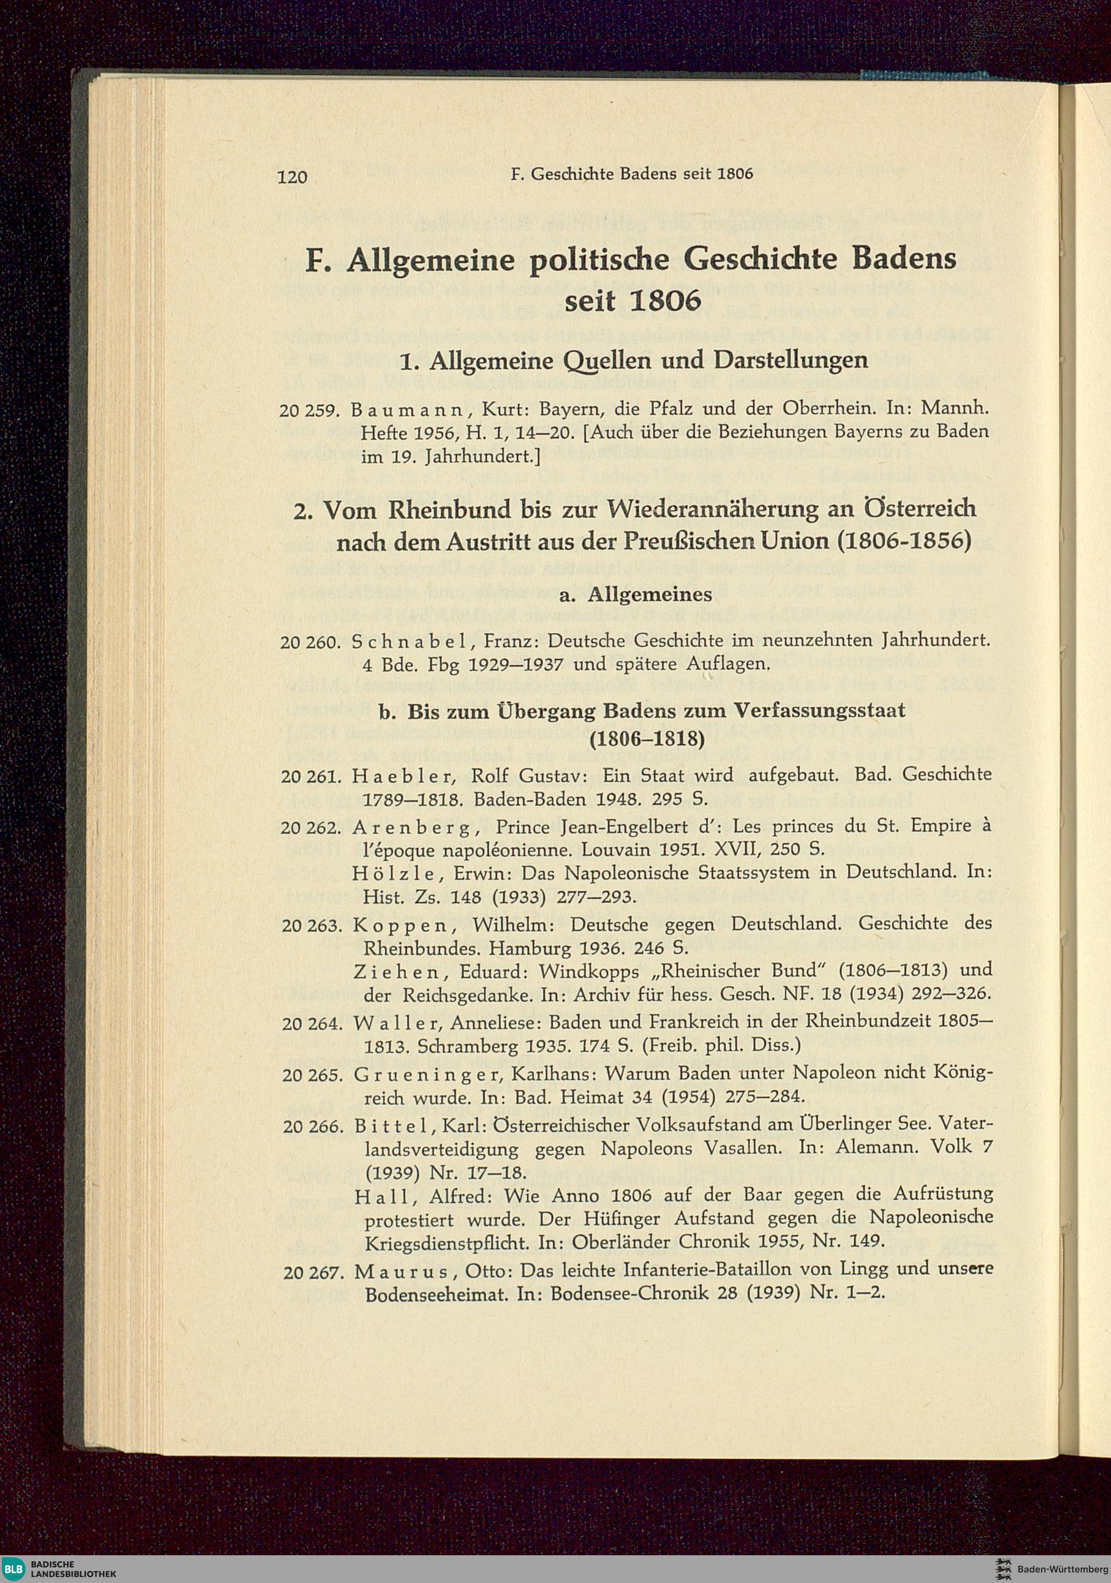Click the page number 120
[292, 177]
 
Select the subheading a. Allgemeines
[648, 594]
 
